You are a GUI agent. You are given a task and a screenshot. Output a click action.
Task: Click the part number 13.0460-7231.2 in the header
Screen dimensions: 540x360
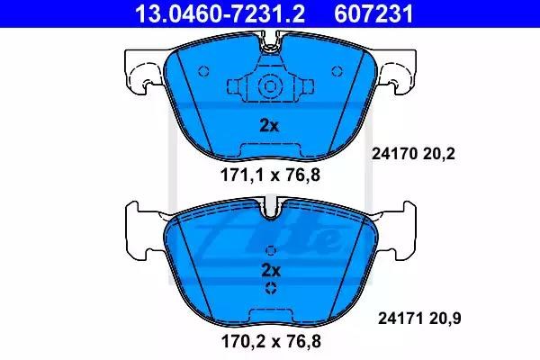point(220,13)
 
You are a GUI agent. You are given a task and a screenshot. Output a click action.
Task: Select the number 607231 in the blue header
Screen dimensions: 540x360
point(373,13)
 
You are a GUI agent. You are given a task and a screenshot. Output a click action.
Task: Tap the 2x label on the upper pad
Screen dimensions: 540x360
point(269,126)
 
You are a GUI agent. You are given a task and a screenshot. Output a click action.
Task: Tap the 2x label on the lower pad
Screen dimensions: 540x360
point(271,270)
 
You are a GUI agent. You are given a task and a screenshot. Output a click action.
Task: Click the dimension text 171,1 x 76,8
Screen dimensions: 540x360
point(270,175)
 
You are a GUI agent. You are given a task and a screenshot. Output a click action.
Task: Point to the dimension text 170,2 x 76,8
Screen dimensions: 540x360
point(271,341)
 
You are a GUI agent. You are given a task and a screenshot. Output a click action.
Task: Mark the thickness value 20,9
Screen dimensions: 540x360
point(445,319)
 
